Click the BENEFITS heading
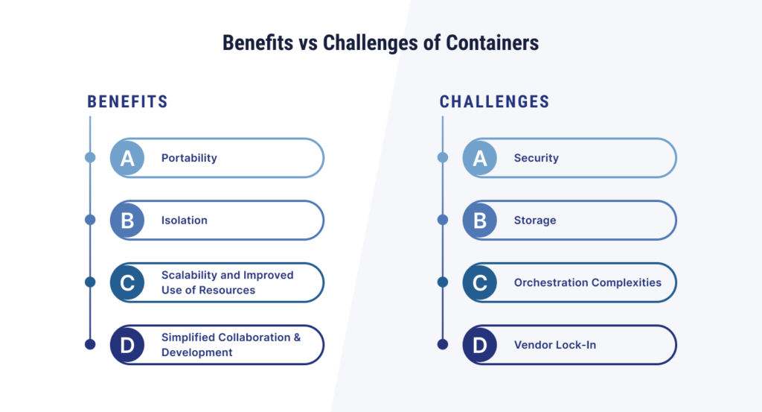click(127, 101)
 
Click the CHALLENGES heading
click(494, 101)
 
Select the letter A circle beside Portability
click(127, 158)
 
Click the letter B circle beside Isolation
click(127, 221)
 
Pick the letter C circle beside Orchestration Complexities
click(480, 282)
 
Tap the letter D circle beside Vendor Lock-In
click(480, 345)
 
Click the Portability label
click(189, 158)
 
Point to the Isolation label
click(185, 221)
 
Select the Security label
click(536, 158)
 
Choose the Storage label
click(535, 221)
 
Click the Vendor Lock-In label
click(555, 345)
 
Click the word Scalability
click(190, 276)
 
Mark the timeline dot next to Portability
click(90, 157)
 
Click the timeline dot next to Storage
click(442, 219)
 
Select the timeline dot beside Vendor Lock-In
click(442, 344)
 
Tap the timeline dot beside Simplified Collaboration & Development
click(90, 344)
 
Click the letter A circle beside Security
click(480, 158)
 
